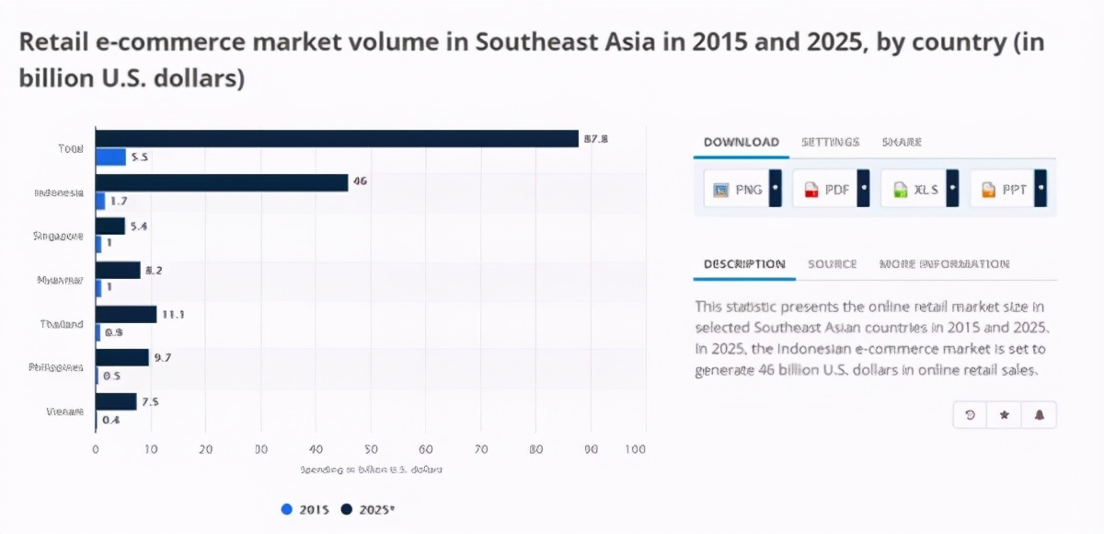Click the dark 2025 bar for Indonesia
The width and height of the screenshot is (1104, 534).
coord(221,182)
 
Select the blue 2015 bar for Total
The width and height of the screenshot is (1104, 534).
coord(110,157)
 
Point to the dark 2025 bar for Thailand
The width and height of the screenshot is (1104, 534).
coord(126,314)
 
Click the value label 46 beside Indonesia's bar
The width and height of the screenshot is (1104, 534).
coord(360,181)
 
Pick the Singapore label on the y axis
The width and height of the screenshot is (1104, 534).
coord(58,236)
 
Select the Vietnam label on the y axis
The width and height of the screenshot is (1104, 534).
coord(64,412)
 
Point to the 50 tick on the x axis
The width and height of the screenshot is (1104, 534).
coord(371,449)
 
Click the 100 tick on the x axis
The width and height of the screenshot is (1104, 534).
coord(635,449)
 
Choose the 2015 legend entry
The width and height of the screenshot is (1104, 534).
coord(306,509)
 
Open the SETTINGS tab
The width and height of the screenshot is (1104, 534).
coord(830,142)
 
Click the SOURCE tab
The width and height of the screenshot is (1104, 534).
coord(832,264)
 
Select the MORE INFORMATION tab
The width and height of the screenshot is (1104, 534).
coord(944,264)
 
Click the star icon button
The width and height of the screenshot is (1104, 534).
coord(1004,415)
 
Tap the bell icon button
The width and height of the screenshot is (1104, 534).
coord(1039,415)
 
